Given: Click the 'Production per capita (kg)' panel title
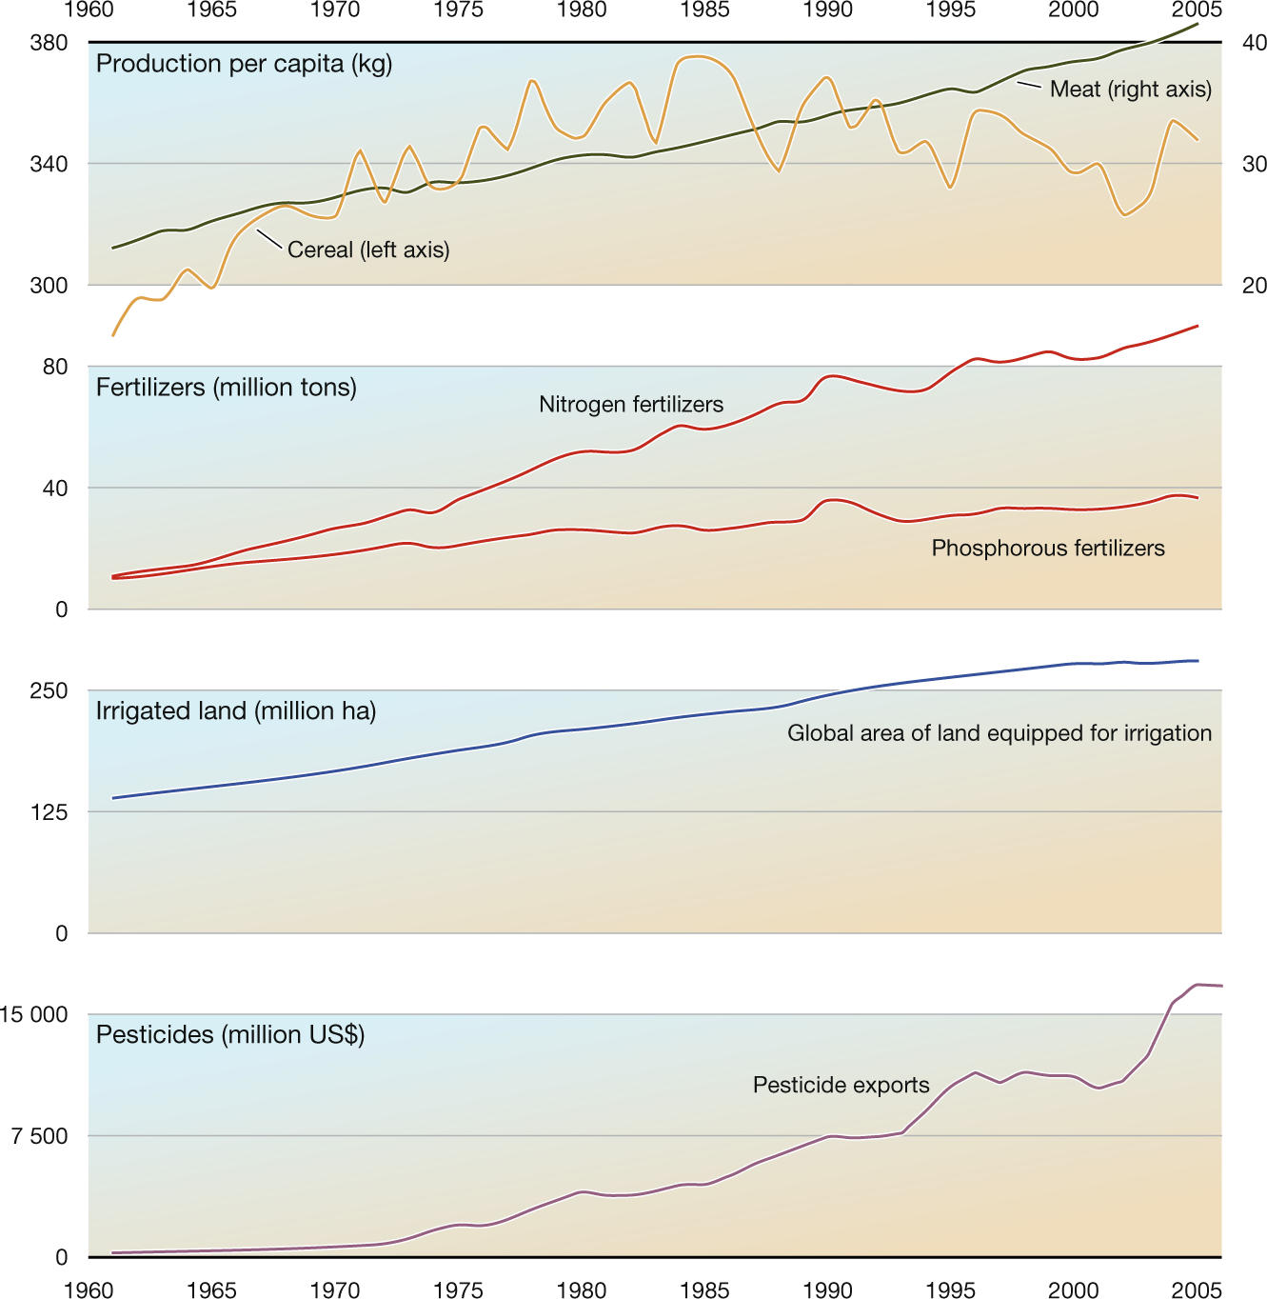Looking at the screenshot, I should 244,64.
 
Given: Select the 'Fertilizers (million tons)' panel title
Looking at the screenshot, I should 227,388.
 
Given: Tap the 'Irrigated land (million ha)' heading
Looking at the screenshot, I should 236,711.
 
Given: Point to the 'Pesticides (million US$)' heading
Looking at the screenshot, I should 230,1035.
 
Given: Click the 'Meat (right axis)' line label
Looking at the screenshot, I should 1131,90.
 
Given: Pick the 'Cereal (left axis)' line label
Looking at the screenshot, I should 368,250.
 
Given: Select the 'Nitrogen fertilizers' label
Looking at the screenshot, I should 631,405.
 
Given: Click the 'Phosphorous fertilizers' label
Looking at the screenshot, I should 1048,549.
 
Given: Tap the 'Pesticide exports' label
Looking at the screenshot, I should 841,1086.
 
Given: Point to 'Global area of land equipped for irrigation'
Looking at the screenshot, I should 1000,733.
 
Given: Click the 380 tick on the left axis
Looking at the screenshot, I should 49,43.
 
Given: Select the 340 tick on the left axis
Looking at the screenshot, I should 49,164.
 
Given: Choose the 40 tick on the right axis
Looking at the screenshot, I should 1255,43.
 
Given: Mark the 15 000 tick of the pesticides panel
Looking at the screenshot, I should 34,1014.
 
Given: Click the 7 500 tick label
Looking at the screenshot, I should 40,1136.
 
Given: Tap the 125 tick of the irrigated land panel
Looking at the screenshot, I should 49,812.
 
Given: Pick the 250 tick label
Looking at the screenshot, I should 49,690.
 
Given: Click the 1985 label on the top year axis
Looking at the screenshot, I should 704,10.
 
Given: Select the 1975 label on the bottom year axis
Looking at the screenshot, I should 458,1290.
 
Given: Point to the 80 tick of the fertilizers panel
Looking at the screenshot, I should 55,367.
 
